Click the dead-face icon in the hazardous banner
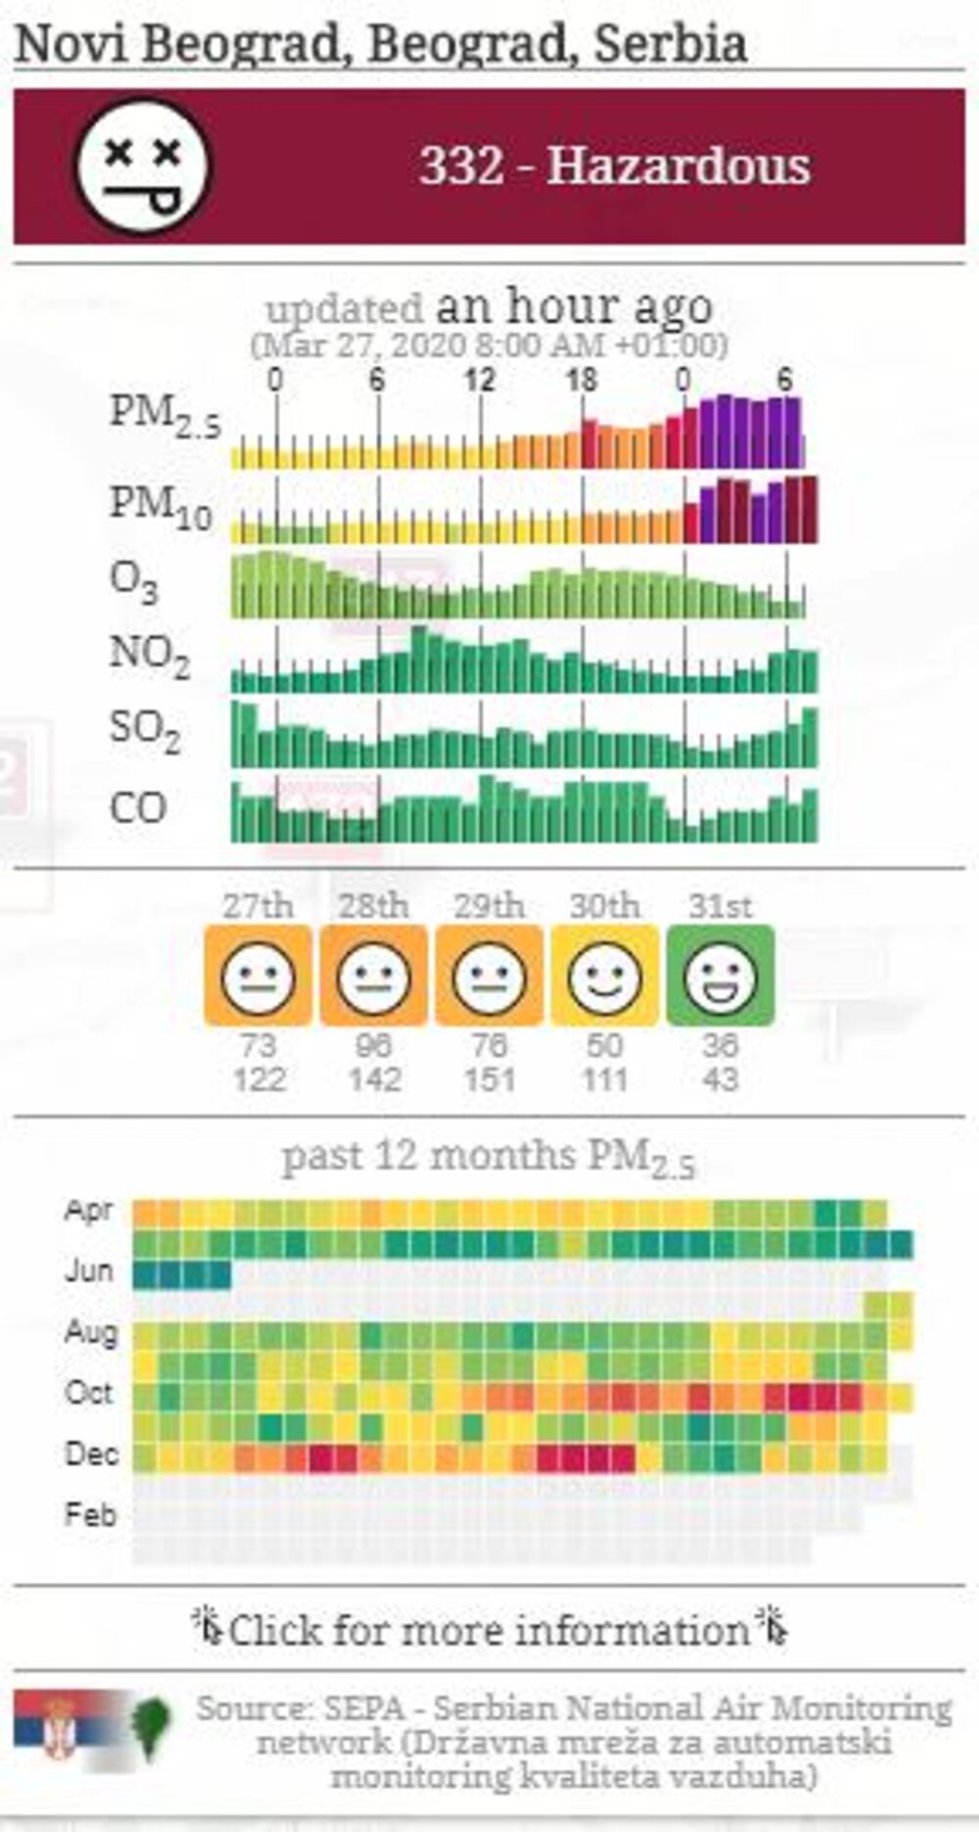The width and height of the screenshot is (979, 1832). point(143,166)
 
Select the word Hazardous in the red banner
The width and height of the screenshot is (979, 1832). point(677,165)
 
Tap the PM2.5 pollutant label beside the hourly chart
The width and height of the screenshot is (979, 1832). point(164,415)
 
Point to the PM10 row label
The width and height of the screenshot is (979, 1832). point(160,507)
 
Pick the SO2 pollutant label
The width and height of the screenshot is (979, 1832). point(145,731)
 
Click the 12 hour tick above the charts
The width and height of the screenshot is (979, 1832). point(479,380)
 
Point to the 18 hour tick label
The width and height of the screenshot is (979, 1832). point(582,380)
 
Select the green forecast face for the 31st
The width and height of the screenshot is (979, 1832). point(721,977)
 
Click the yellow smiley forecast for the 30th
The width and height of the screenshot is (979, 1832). point(605,977)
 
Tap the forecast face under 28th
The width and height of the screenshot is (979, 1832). point(374,977)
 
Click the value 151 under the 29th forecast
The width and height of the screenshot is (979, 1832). point(489,1080)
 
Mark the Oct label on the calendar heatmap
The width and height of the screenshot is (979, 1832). point(89,1393)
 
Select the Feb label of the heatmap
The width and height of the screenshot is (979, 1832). point(90,1515)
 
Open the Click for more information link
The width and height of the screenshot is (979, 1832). point(489,1630)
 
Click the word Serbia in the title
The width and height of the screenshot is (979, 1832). point(672,44)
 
